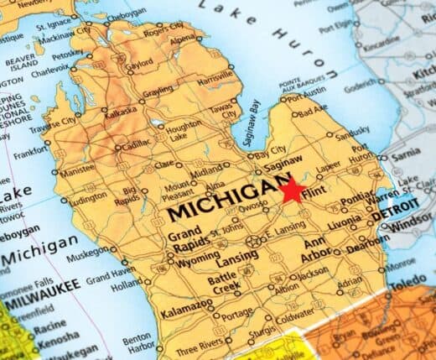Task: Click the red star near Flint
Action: [293, 190]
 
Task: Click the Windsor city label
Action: [412, 227]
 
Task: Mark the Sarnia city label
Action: [410, 155]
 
